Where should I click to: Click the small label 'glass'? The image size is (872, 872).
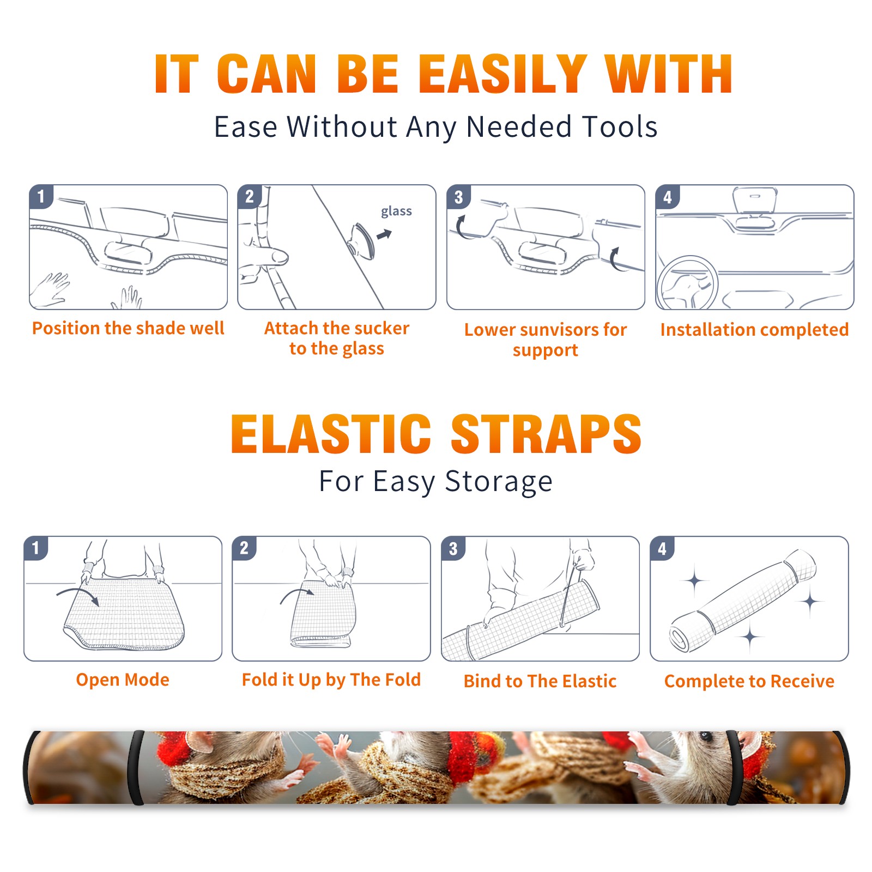(x=396, y=211)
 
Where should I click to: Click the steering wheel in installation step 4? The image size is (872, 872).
(x=687, y=283)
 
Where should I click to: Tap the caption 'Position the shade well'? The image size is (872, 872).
(x=128, y=328)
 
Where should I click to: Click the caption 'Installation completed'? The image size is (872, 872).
(x=754, y=329)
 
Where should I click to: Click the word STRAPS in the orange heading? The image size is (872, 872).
(x=546, y=434)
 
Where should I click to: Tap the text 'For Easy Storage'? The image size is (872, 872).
(x=435, y=481)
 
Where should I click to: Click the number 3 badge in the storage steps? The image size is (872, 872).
(x=453, y=548)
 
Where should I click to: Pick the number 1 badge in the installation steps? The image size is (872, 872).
(x=41, y=196)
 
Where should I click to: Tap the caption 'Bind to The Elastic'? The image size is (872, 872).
(x=540, y=681)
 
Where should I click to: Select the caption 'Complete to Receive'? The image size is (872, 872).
(x=749, y=681)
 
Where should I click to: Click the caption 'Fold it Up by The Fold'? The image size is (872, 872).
(x=331, y=680)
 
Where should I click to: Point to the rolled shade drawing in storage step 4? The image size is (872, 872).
(x=743, y=600)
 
